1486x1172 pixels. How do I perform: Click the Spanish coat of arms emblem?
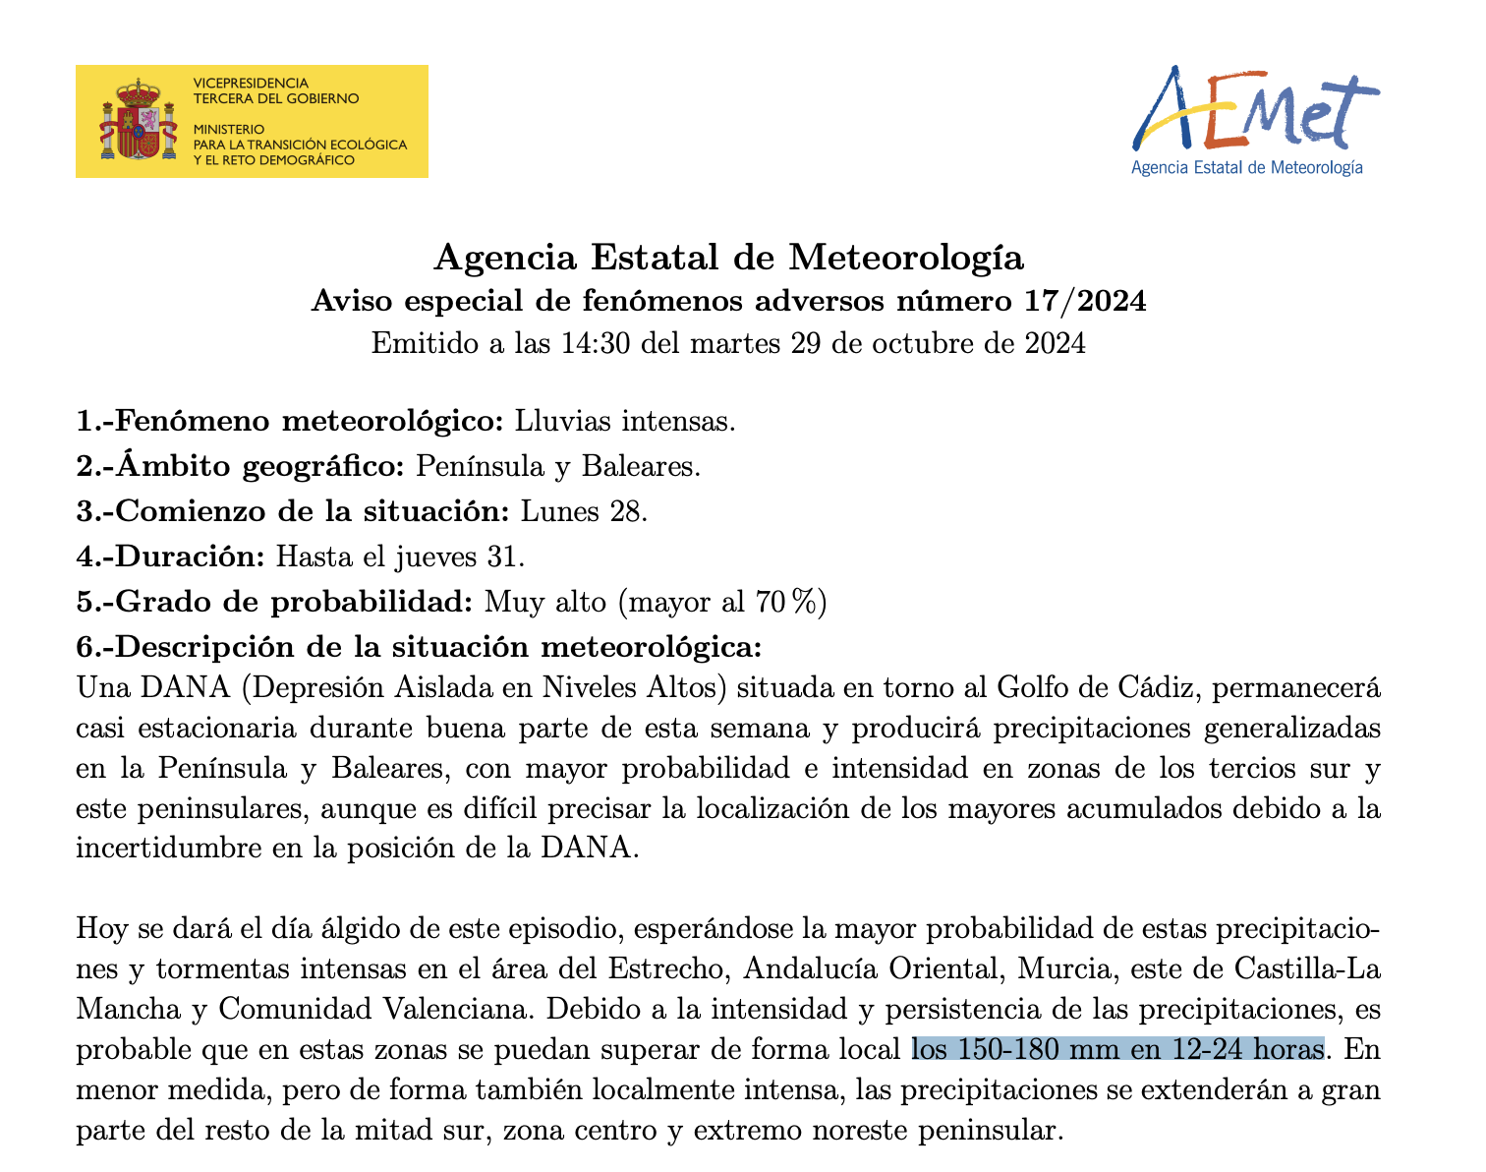138,121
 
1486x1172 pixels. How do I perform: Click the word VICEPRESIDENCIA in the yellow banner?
251,84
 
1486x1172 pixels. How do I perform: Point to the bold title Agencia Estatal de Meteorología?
728,259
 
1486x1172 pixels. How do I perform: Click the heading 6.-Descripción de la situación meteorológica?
420,648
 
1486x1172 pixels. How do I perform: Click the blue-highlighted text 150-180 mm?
1031,1050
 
